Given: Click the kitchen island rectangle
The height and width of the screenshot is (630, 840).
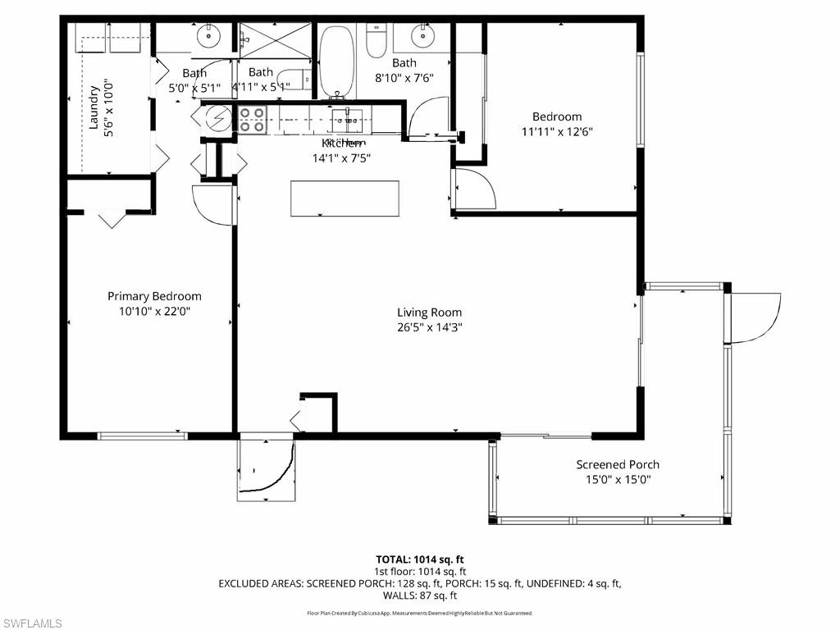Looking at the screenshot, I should click(345, 199).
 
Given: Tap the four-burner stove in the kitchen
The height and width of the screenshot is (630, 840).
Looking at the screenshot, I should click(252, 121).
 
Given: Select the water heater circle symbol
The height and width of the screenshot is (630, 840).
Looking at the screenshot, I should click(218, 119).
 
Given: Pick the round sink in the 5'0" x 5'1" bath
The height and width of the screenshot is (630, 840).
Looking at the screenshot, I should click(209, 35).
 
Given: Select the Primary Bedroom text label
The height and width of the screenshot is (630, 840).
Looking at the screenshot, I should click(154, 296).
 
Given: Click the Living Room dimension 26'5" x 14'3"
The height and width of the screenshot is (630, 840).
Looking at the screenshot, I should click(429, 326).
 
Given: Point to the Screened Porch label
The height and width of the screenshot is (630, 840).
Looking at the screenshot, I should click(617, 464).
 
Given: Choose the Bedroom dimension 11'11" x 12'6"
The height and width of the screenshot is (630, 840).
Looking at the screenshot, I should click(557, 131).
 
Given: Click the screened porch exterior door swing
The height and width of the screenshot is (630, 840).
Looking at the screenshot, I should click(753, 317).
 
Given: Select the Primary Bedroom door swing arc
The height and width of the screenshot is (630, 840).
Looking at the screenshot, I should click(212, 204).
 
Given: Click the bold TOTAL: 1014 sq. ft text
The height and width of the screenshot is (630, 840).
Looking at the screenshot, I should click(420, 559).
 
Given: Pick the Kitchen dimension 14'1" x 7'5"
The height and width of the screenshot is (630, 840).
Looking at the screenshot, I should click(341, 158).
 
